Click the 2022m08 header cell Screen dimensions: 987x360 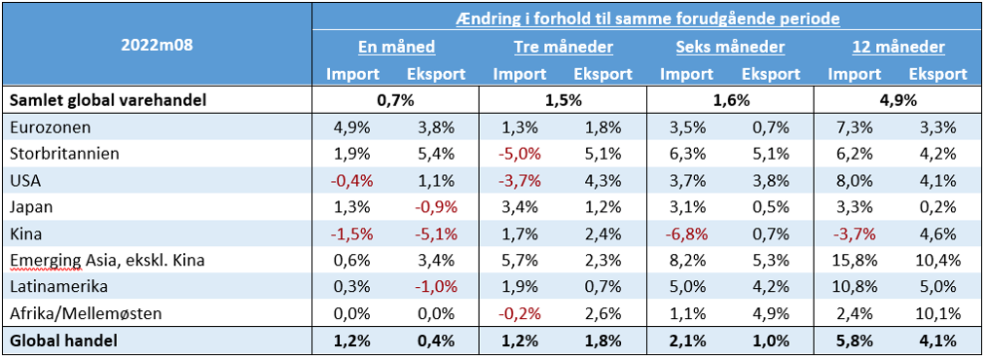158,47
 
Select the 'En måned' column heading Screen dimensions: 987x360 396,47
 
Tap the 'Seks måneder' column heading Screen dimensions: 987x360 730,47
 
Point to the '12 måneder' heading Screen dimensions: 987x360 898,47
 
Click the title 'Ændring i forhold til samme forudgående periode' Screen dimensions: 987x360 647,18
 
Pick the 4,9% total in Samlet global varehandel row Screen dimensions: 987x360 898,100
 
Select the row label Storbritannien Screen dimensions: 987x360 65,154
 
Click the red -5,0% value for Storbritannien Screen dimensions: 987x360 519,154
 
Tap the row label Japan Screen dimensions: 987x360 31,207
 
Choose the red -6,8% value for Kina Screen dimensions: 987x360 685,234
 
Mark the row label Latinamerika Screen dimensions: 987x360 59,287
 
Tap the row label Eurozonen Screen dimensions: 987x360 51,127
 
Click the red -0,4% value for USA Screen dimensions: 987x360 351,181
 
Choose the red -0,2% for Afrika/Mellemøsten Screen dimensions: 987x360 519,314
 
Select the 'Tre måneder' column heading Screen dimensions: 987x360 564,47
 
